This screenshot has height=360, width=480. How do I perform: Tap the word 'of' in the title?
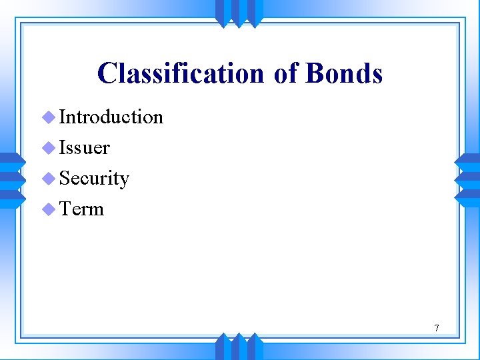coord(285,73)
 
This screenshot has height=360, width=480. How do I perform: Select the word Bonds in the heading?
coord(344,73)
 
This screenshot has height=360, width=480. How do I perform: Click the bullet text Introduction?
coord(111,117)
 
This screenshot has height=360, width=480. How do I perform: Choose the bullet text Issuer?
coord(85,147)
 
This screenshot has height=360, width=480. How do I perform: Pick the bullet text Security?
coord(94,179)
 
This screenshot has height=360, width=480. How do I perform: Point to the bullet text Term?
coord(82,209)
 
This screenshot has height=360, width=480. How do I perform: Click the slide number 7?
coord(436,328)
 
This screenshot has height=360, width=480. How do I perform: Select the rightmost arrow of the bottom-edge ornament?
coord(256,346)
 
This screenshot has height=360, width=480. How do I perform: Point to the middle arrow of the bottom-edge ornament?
coord(239,346)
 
